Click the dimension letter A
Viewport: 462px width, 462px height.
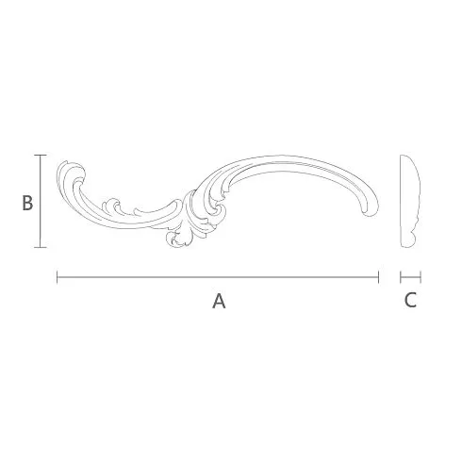coord(219,301)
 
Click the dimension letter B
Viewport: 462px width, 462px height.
coord(27,203)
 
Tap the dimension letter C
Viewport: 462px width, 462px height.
coord(410,300)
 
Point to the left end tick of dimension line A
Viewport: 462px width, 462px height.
coord(58,277)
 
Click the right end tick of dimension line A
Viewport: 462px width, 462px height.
coord(379,277)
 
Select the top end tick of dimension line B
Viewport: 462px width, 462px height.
coord(41,155)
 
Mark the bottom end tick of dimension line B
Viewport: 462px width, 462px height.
coord(41,247)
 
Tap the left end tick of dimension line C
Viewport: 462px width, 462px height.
coord(401,277)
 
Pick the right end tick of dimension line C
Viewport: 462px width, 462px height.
coord(421,277)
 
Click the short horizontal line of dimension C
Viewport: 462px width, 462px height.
coord(410,277)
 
